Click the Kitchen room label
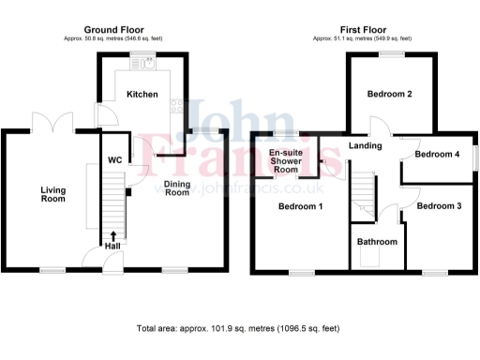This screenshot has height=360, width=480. point(142,95)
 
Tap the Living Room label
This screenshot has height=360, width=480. point(53,194)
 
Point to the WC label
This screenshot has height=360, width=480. point(115,160)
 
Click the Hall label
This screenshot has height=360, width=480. point(113,246)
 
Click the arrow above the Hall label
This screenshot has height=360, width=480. point(113,234)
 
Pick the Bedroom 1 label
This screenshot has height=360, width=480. point(300,206)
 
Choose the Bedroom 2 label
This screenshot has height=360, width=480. point(390,95)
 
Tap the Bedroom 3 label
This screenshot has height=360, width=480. point(439,205)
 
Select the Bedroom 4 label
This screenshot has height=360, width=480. point(437,155)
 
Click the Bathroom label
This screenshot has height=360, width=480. point(377,242)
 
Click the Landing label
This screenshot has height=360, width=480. point(364,145)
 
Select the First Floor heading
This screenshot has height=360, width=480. point(363,30)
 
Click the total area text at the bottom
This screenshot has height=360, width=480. point(239,329)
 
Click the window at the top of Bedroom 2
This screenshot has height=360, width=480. point(391,55)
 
